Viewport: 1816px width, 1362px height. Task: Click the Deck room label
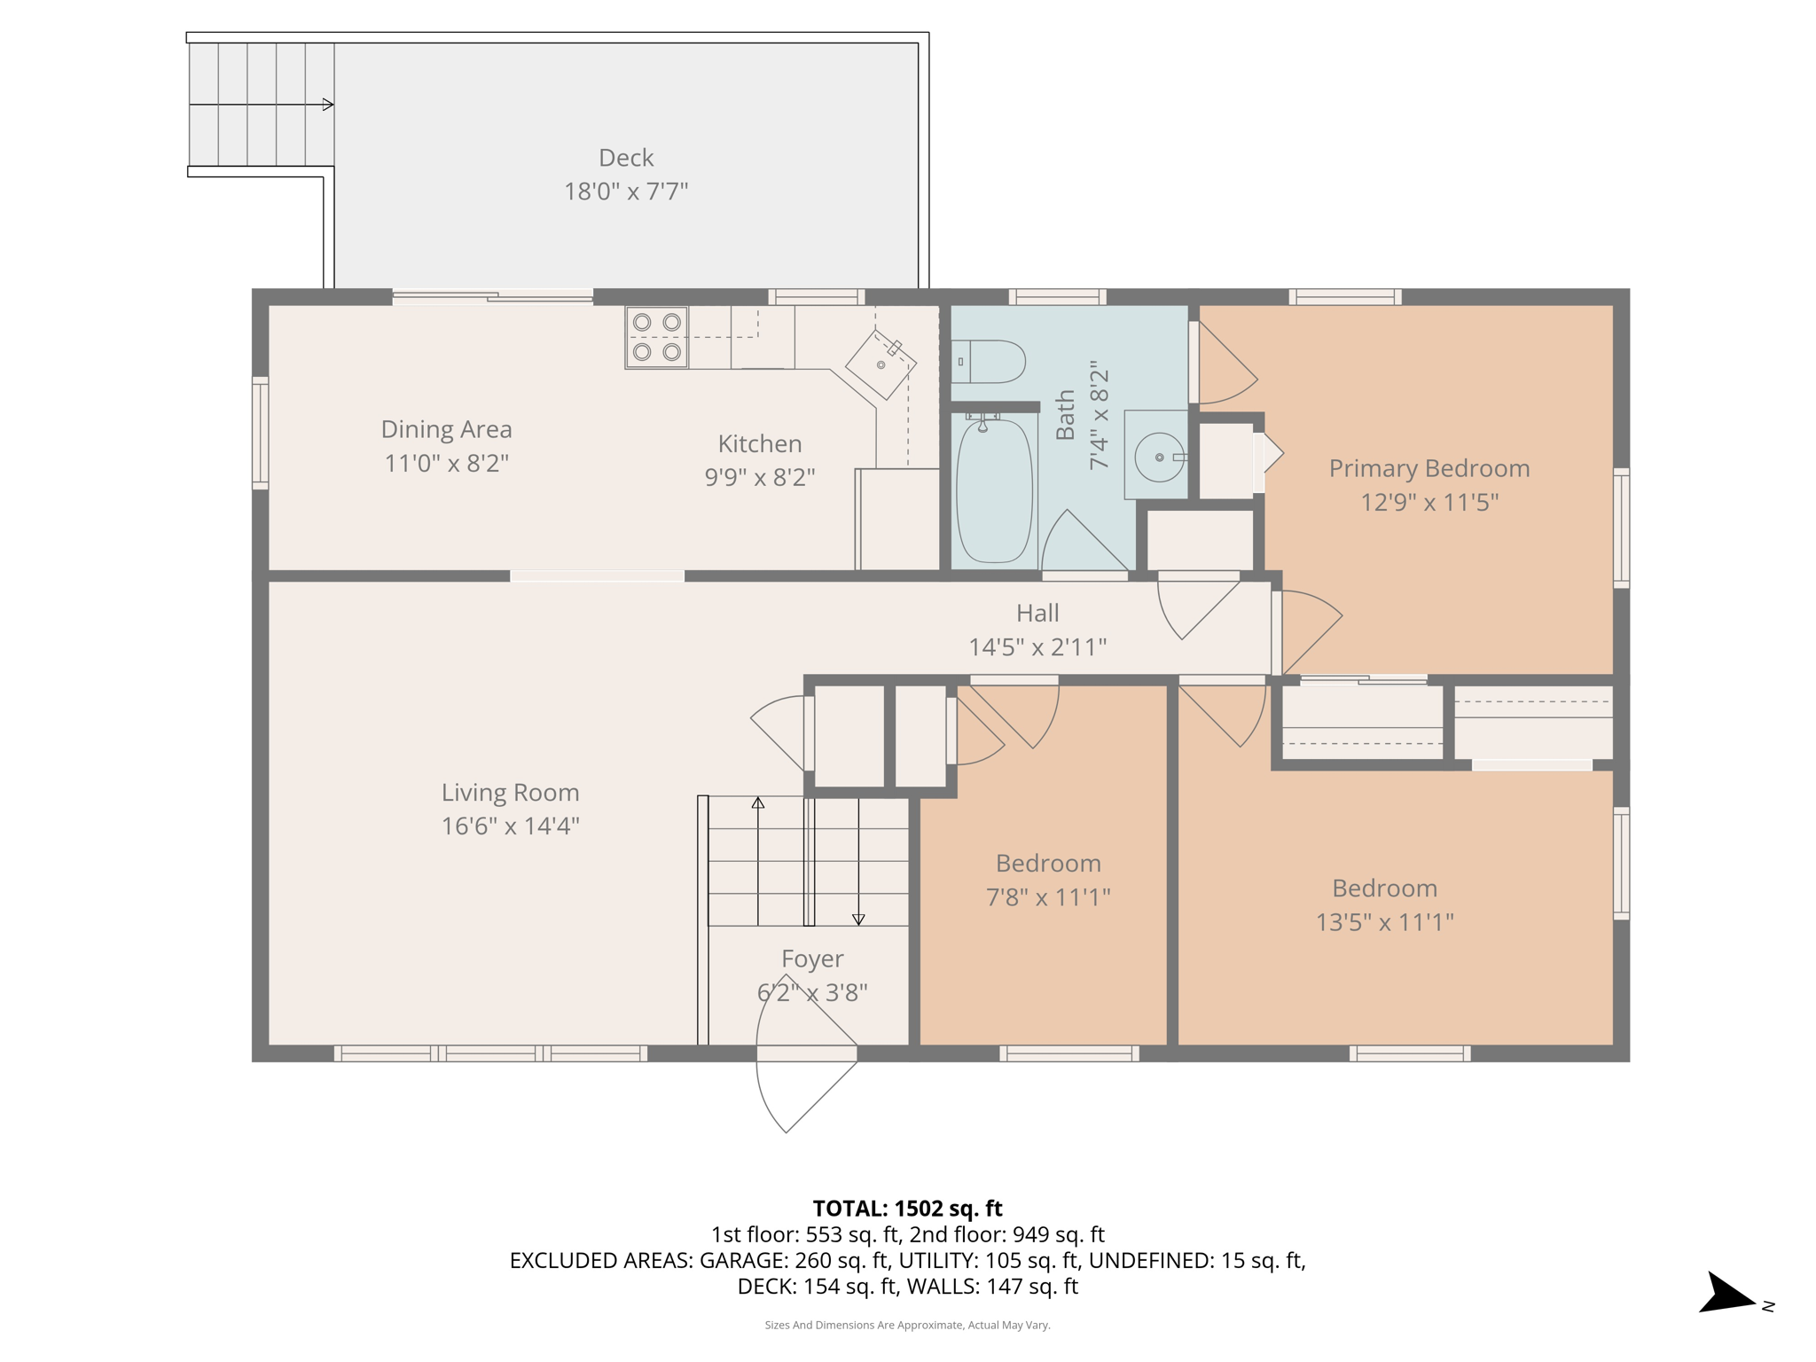(x=626, y=158)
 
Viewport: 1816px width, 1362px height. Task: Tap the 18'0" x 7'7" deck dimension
(x=626, y=192)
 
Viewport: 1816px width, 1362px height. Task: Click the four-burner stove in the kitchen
(x=656, y=337)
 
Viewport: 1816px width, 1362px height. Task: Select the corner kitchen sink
(x=881, y=364)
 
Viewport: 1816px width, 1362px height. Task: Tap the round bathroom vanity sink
(x=1159, y=457)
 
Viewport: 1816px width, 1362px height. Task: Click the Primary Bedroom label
(x=1429, y=468)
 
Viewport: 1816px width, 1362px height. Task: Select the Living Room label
(x=510, y=792)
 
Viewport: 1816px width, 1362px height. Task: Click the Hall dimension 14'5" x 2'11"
(x=1037, y=647)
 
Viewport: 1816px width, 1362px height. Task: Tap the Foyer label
(x=811, y=959)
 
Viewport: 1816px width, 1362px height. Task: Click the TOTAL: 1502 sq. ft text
(x=907, y=1209)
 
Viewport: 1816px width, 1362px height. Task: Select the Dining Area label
(x=446, y=429)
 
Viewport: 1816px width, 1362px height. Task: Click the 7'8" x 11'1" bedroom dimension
(x=1048, y=897)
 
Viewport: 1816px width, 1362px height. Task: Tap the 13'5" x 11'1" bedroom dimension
(x=1384, y=922)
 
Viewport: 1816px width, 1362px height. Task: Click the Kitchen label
(x=759, y=443)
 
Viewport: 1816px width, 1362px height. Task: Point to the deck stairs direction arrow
(x=326, y=105)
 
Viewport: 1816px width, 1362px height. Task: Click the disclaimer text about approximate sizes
(x=907, y=1325)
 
